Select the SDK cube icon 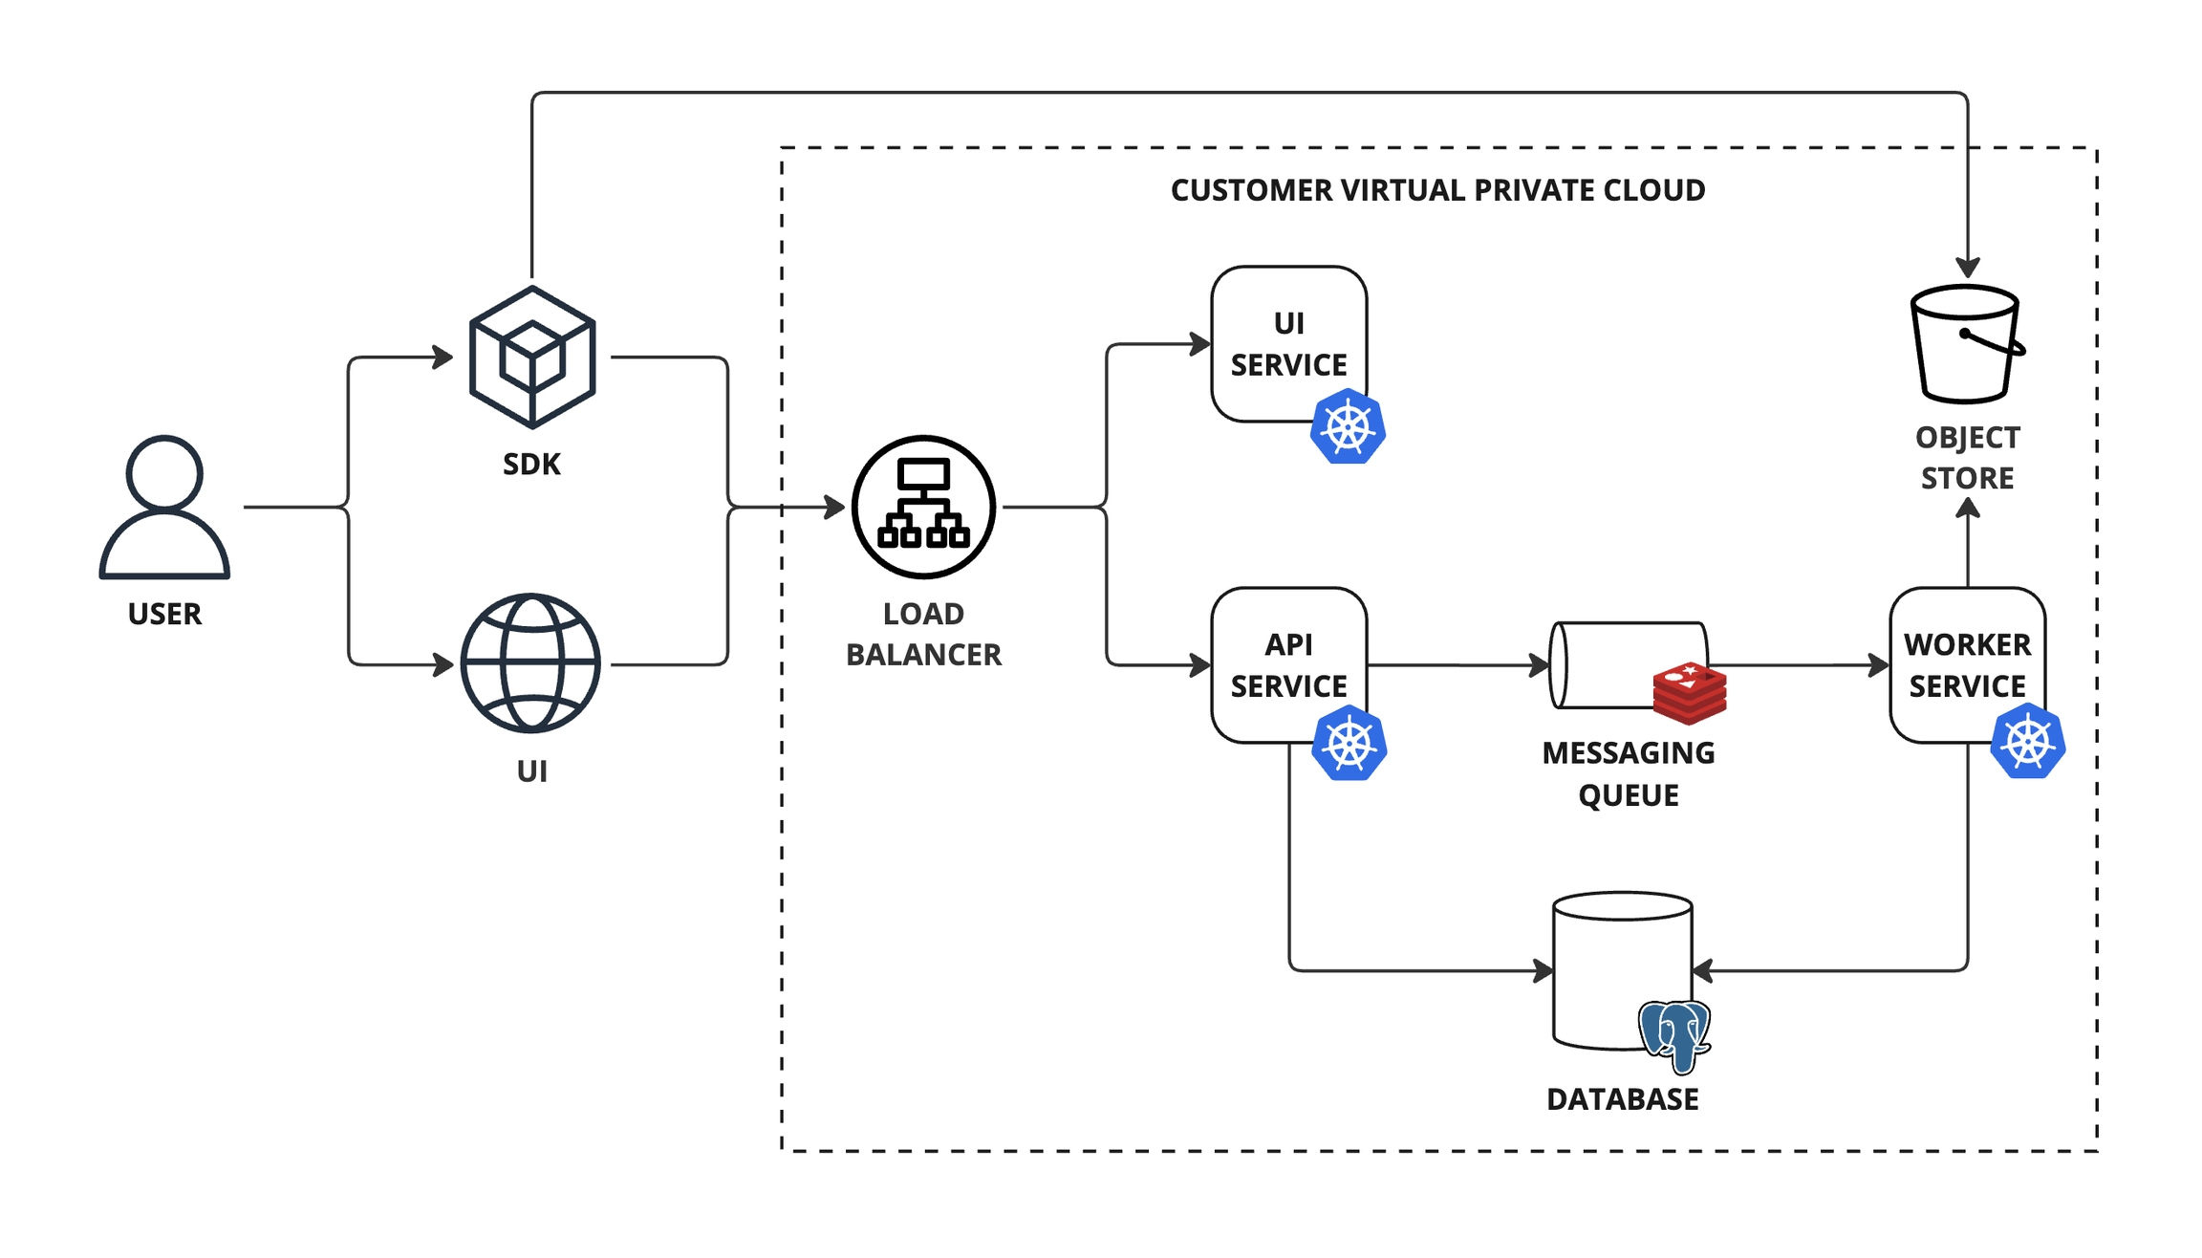click(x=532, y=358)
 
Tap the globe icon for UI click(x=530, y=663)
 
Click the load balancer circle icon click(x=923, y=507)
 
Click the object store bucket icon click(x=1966, y=344)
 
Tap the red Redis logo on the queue click(x=1689, y=693)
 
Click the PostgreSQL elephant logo click(x=1674, y=1036)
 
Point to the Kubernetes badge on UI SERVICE click(x=1348, y=427)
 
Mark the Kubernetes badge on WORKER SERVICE click(x=2027, y=742)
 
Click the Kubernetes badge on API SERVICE click(x=1349, y=744)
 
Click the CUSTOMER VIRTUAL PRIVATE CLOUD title click(x=1437, y=190)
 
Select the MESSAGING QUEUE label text click(x=1628, y=773)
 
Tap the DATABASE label click(x=1622, y=1099)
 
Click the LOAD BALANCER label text click(x=923, y=634)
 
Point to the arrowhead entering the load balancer click(x=835, y=507)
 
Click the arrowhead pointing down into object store click(x=1967, y=268)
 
